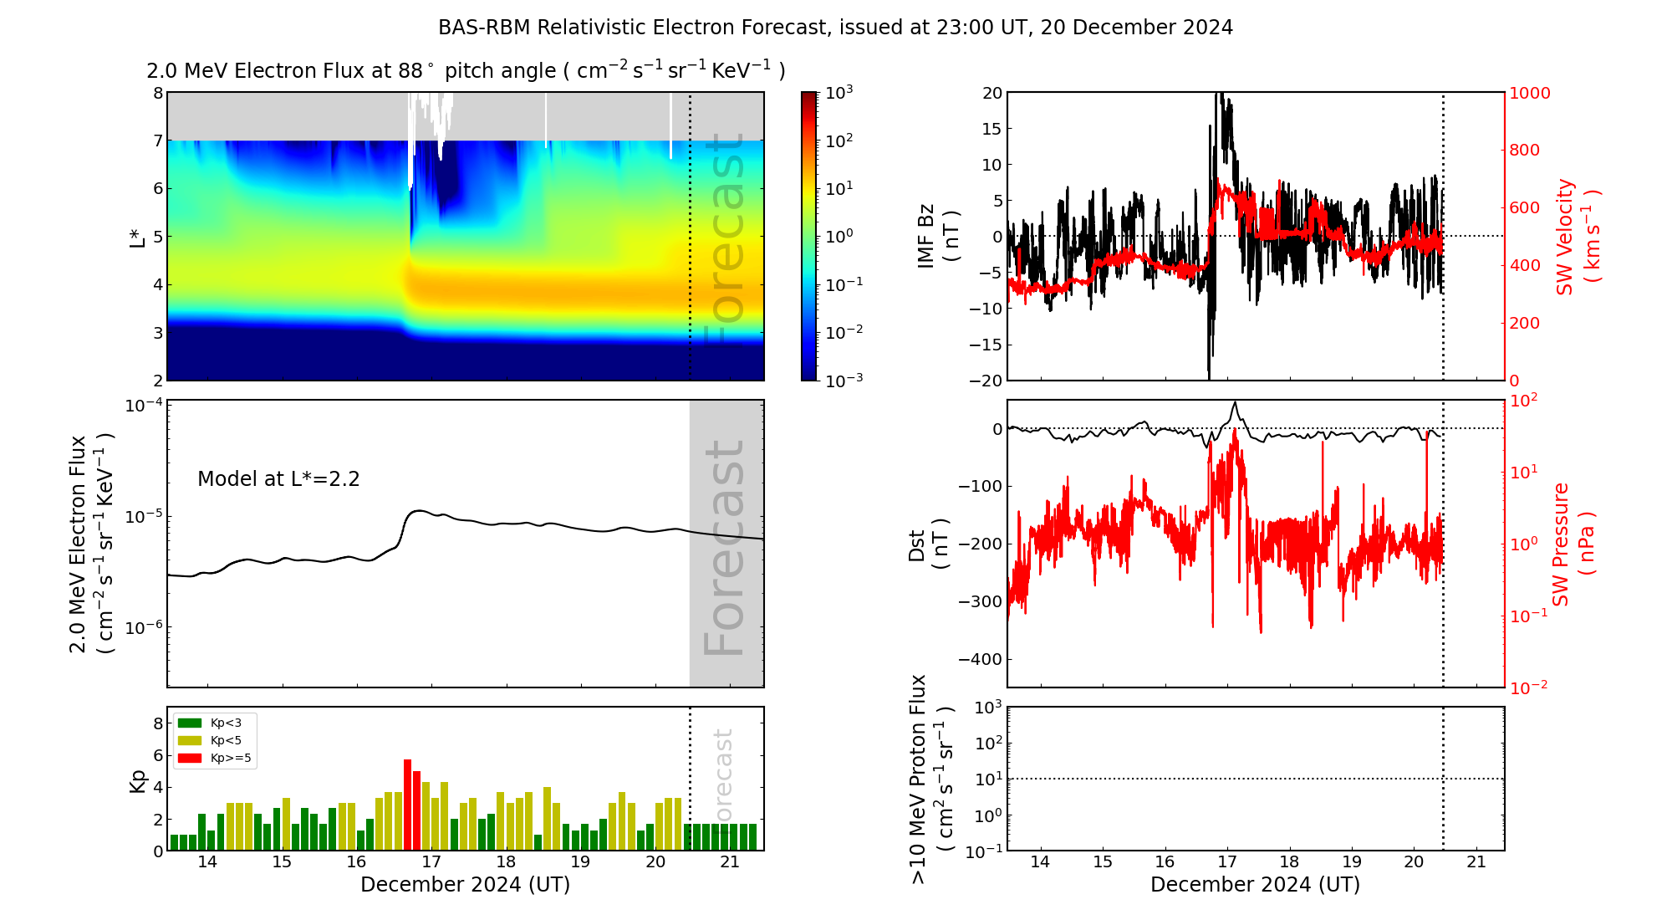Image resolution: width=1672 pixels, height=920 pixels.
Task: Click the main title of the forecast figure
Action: point(835,28)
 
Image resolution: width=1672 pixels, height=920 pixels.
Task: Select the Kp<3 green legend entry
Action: point(210,723)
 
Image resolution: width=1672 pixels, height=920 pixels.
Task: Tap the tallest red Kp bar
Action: point(408,803)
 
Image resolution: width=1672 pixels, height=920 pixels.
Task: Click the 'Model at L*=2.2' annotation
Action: point(278,479)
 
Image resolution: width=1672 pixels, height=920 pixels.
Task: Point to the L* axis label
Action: point(136,236)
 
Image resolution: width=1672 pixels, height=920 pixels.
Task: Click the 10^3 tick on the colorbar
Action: point(839,92)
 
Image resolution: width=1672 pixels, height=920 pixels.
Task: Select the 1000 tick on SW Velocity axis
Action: point(1529,93)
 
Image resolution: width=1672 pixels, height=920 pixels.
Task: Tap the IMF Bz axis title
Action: point(937,236)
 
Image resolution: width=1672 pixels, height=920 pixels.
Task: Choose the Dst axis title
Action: point(928,544)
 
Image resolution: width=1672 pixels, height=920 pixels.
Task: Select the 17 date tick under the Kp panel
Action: point(431,862)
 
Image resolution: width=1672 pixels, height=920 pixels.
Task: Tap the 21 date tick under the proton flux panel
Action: point(1476,862)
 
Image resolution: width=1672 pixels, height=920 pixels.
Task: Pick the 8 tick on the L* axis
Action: point(157,93)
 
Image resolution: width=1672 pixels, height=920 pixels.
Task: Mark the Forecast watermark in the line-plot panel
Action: point(724,548)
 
